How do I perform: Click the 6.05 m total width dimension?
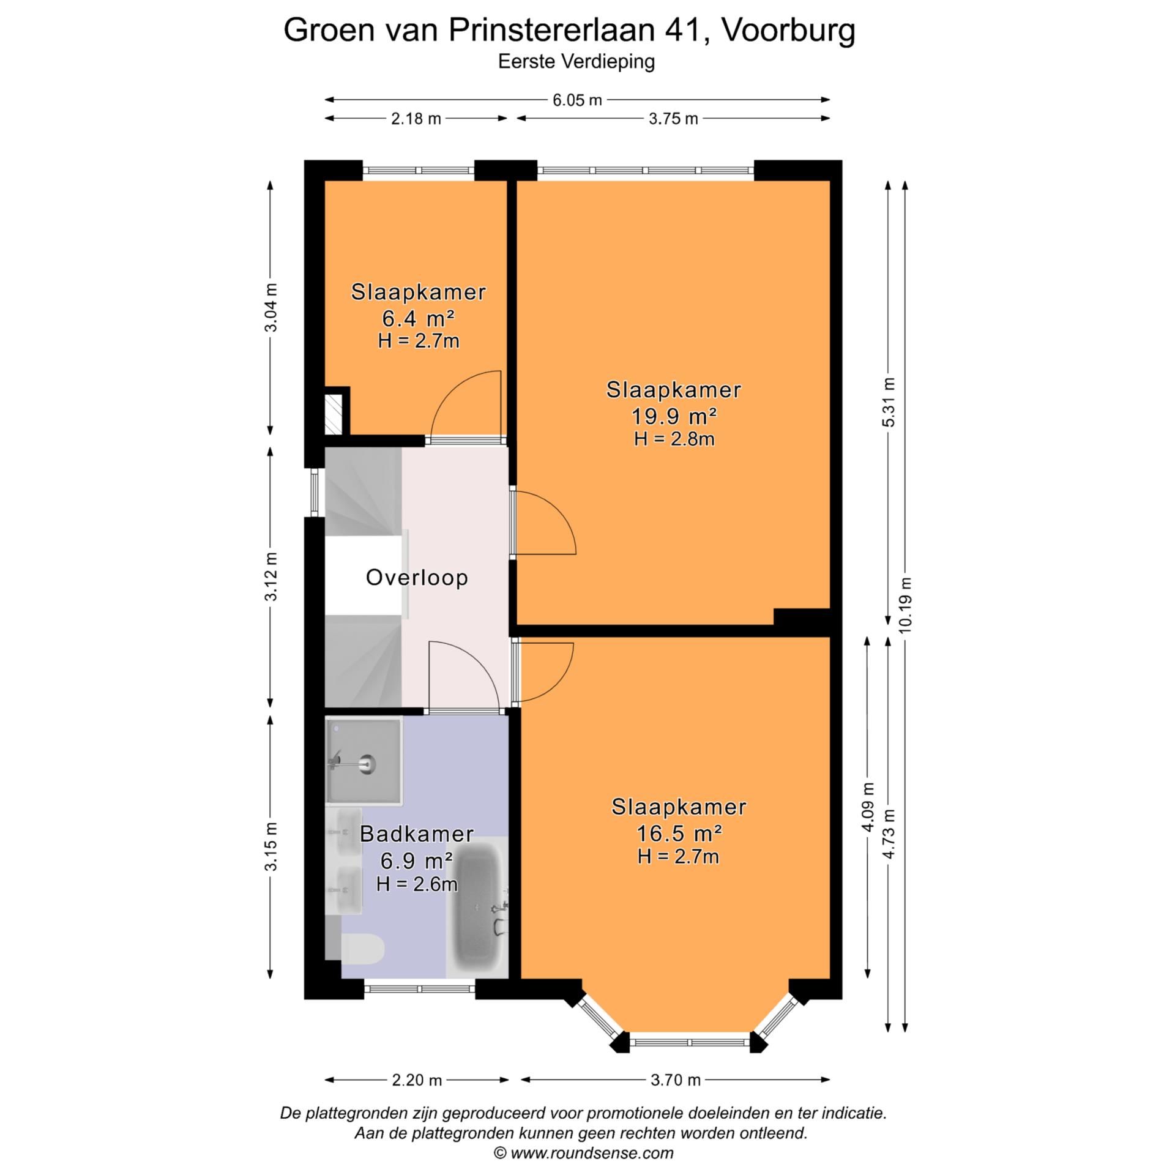tap(577, 100)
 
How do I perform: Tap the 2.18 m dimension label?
tap(416, 119)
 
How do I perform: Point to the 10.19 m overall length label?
tap(906, 605)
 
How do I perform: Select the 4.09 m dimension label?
tap(867, 808)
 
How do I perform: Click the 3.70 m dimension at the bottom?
tap(675, 1080)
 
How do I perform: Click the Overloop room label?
tap(417, 577)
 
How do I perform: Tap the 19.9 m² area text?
tap(674, 416)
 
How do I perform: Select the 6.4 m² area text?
tap(418, 318)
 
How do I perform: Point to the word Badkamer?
tap(417, 834)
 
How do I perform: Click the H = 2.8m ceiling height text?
tap(674, 439)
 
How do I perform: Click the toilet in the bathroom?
tap(363, 949)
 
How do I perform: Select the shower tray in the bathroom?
tap(364, 761)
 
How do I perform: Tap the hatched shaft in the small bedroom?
tap(334, 414)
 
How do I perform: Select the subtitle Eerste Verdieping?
tap(576, 62)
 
